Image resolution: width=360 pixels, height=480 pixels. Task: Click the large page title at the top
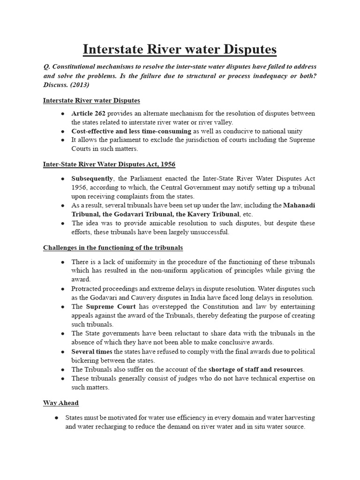click(x=180, y=49)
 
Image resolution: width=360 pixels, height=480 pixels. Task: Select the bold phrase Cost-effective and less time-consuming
click(x=131, y=131)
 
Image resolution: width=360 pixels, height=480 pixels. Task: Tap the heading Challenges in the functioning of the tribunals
click(x=113, y=247)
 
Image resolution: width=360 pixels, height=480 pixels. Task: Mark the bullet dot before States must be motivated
click(x=56, y=417)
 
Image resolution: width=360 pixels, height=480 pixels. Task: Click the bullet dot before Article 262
click(x=63, y=114)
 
